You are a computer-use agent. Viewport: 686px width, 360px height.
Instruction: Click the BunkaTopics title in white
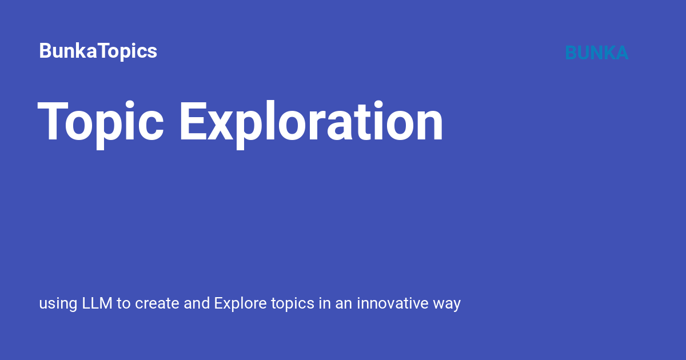pyautogui.click(x=98, y=51)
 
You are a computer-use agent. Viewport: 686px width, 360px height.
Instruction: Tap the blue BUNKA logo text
pyautogui.click(x=596, y=53)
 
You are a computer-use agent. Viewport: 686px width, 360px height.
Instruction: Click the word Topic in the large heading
pyautogui.click(x=101, y=122)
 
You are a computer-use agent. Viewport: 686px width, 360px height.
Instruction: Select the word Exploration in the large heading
pyautogui.click(x=311, y=122)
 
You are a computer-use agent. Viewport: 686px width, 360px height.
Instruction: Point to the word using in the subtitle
pyautogui.click(x=58, y=304)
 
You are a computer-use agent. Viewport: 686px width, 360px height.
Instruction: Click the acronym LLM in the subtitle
pyautogui.click(x=98, y=303)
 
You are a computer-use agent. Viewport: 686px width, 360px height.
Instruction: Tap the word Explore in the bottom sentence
pyautogui.click(x=240, y=304)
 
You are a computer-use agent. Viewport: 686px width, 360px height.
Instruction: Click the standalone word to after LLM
pyautogui.click(x=124, y=303)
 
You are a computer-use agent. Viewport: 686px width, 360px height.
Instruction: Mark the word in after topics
pyautogui.click(x=325, y=303)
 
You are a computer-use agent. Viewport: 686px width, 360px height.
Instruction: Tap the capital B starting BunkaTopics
pyautogui.click(x=45, y=51)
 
